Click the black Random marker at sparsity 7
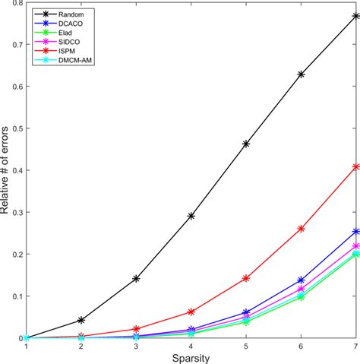355,15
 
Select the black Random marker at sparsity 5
246,144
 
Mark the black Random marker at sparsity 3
136,279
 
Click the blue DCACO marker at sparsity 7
355,231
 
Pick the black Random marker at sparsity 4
191,216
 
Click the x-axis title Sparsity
191,357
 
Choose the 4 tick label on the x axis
191,346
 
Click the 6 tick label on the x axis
301,346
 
